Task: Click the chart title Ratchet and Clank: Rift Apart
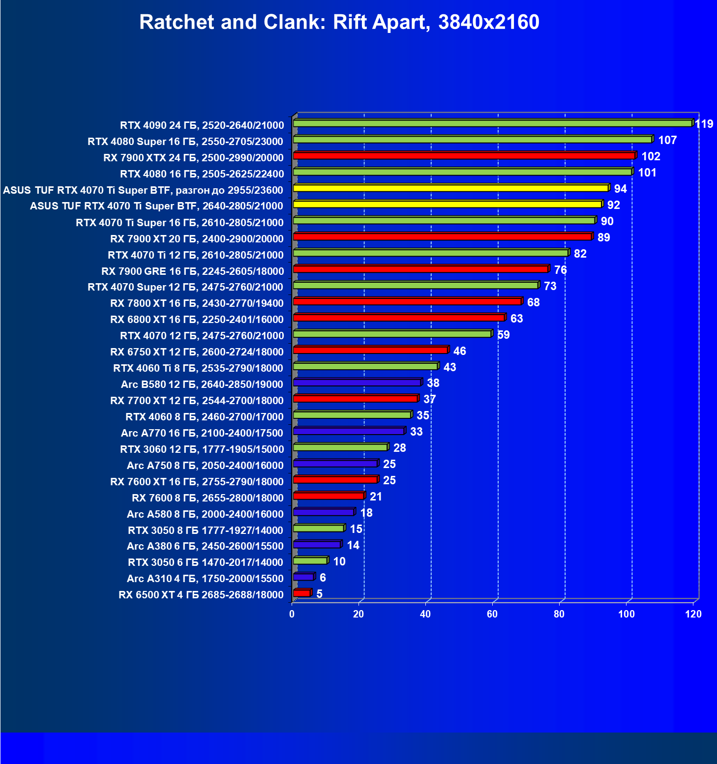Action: (x=339, y=22)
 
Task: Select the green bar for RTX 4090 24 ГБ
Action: (x=492, y=123)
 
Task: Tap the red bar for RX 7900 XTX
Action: (x=464, y=155)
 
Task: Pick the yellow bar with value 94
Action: (x=450, y=188)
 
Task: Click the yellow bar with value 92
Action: (x=447, y=204)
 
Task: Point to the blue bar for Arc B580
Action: (x=357, y=382)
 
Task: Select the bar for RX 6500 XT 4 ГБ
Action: (x=302, y=593)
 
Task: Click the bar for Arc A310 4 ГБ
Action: (x=303, y=577)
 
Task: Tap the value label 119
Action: (x=704, y=124)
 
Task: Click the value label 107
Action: (x=667, y=140)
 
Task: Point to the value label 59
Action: (x=504, y=335)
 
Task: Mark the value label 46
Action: (x=460, y=351)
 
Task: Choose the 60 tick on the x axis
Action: (x=492, y=614)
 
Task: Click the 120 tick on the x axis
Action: (x=693, y=614)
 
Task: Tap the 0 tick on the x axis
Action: (x=292, y=614)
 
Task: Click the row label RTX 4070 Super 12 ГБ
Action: (x=185, y=287)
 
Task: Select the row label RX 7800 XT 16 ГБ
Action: (x=197, y=303)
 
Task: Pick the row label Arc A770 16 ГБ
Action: (x=202, y=433)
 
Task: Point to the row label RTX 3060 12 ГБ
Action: (x=202, y=449)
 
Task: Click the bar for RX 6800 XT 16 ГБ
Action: (x=399, y=318)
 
